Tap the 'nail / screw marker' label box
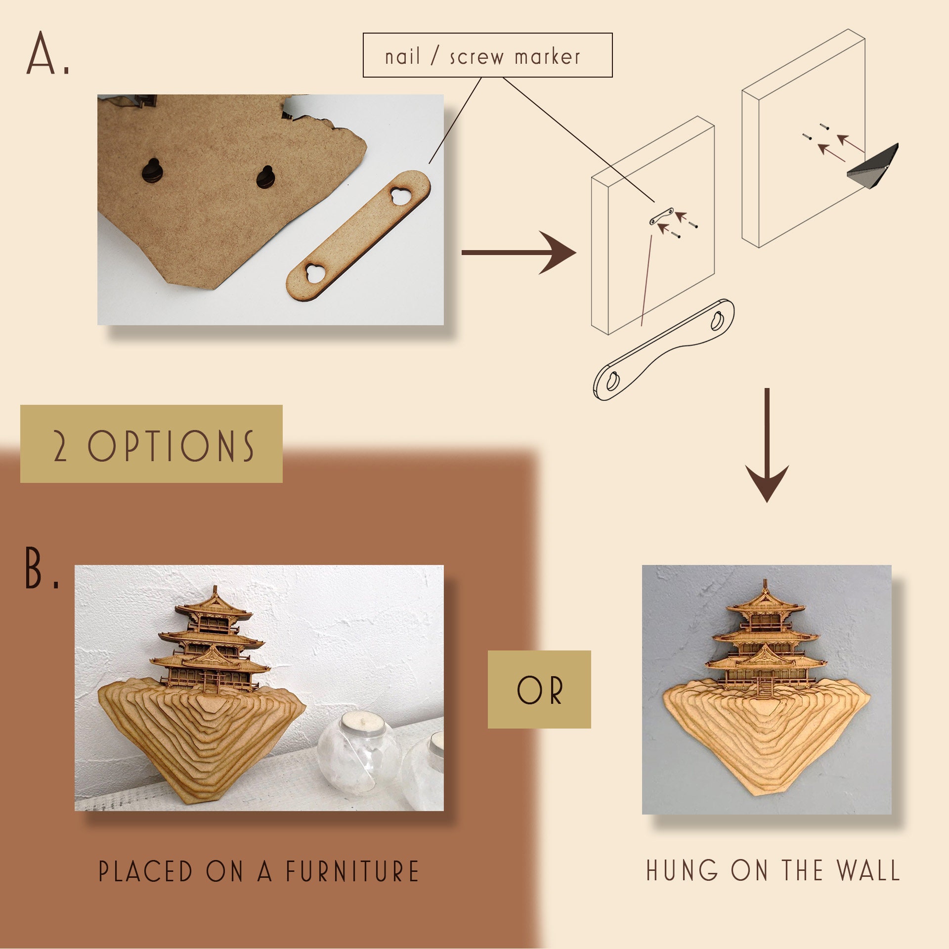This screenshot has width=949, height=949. click(487, 55)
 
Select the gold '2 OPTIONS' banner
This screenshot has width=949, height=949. click(151, 444)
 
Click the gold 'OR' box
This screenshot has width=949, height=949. click(539, 690)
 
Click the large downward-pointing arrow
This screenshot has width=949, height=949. click(767, 445)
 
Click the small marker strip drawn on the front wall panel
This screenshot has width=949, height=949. click(661, 216)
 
